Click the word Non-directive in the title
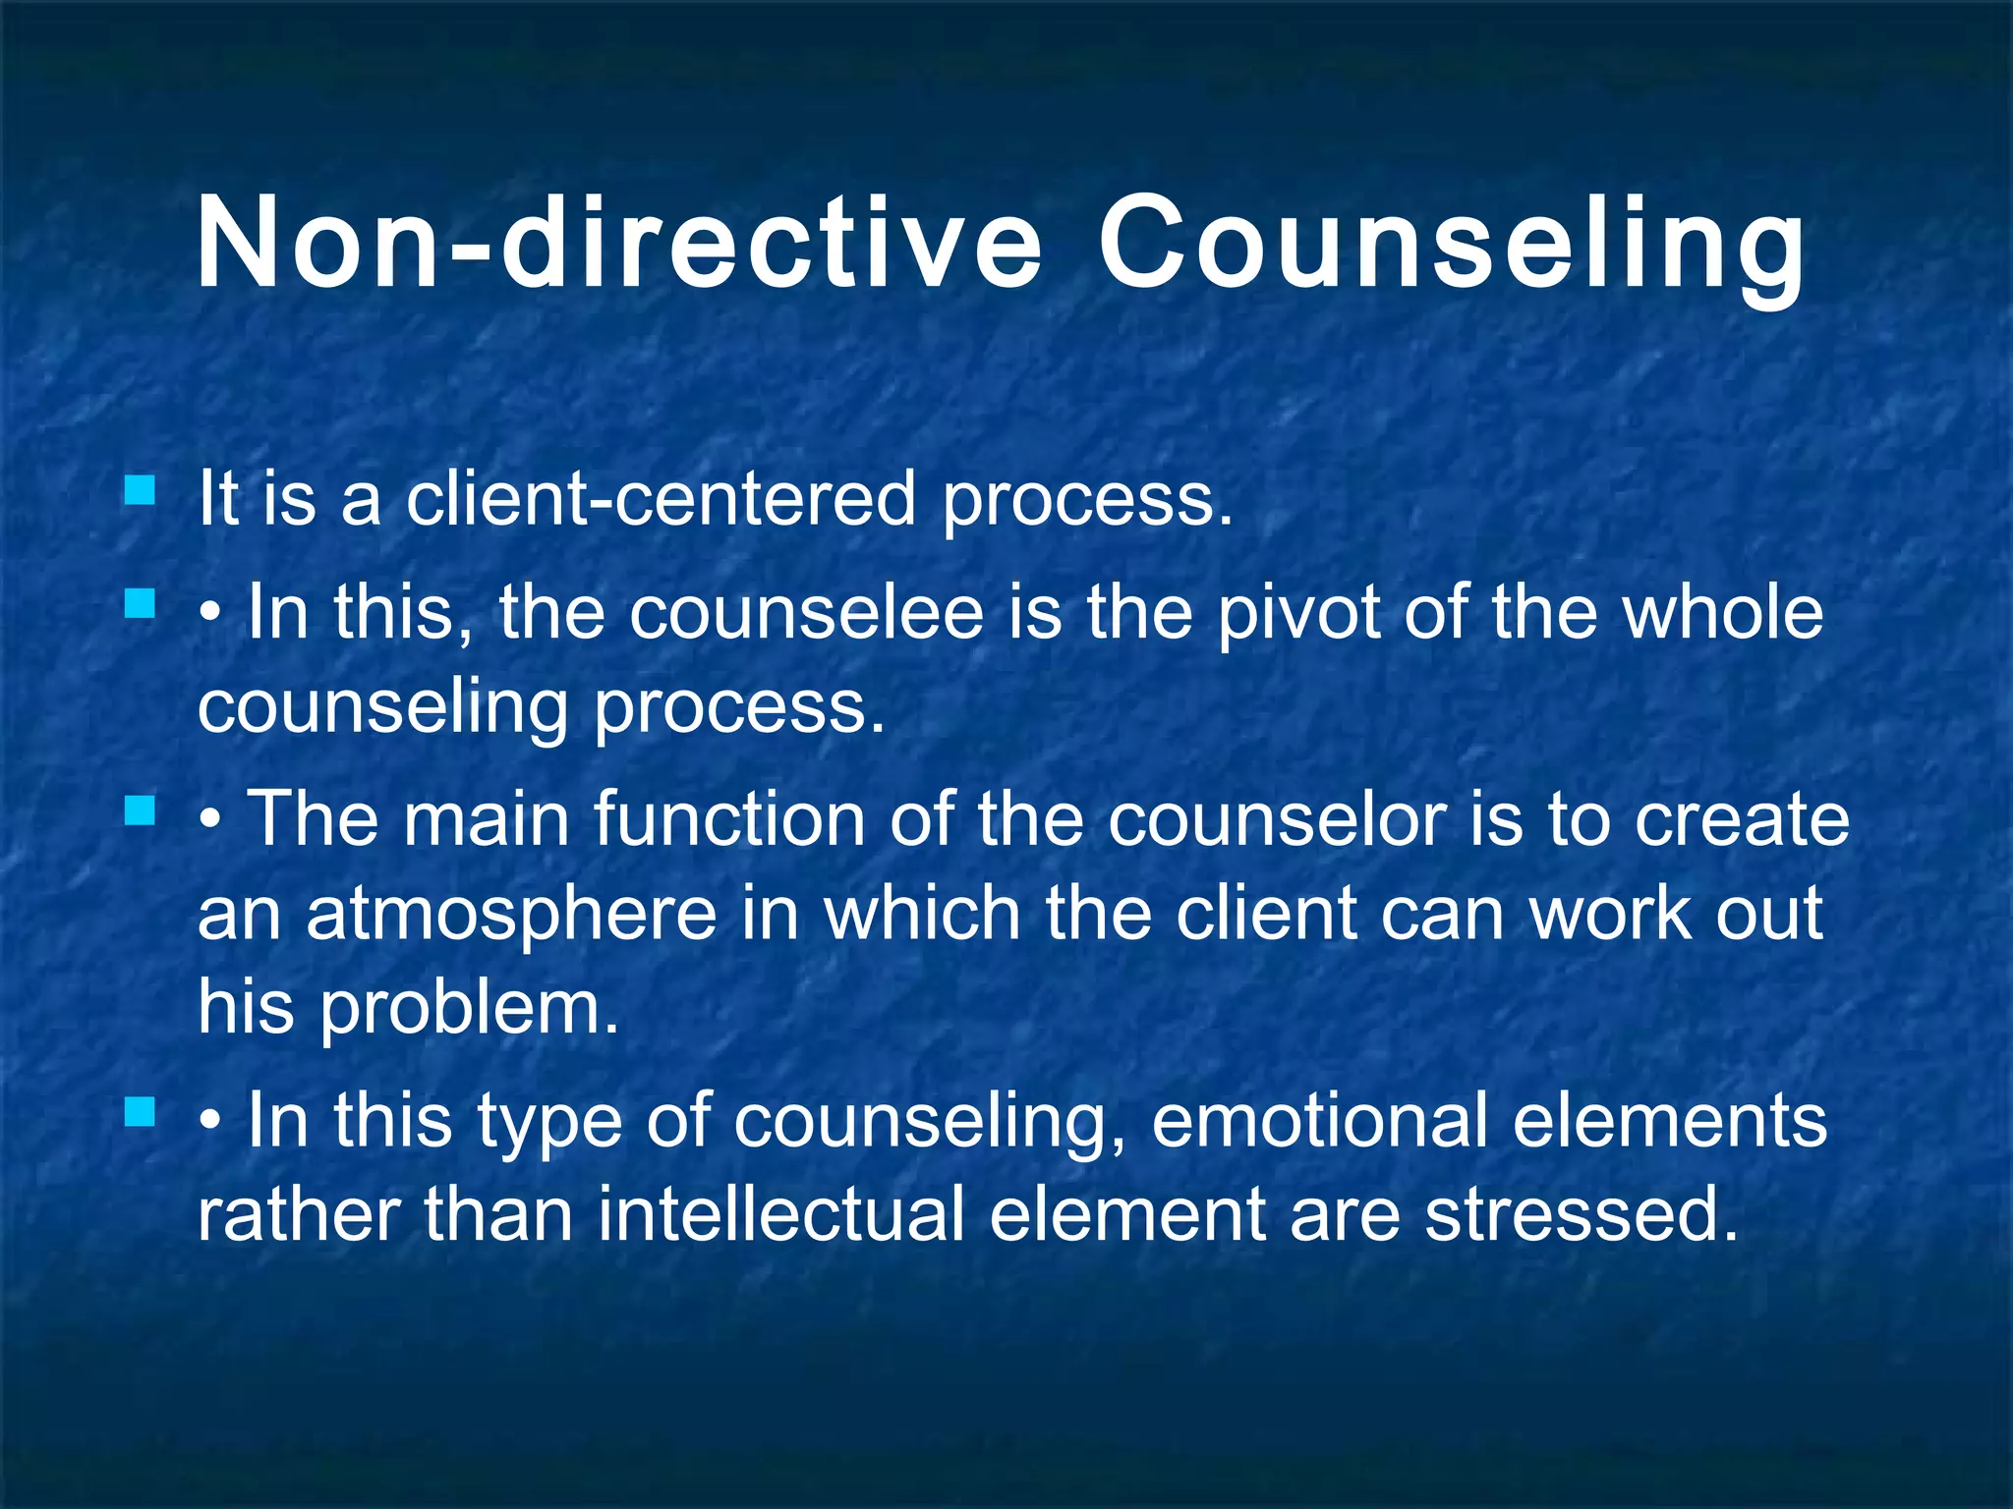[618, 243]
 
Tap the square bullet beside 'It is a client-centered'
[141, 490]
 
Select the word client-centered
[661, 498]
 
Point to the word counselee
[806, 612]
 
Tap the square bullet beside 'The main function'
[141, 811]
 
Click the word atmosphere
[511, 914]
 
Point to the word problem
[469, 1008]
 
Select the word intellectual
[780, 1214]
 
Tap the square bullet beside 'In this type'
[141, 1113]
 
